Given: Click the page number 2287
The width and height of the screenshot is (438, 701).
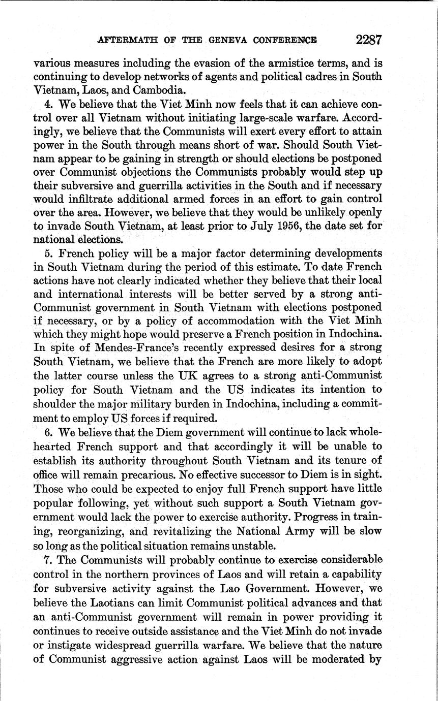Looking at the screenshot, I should tap(369, 39).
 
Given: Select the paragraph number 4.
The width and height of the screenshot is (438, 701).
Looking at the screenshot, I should tap(48, 105).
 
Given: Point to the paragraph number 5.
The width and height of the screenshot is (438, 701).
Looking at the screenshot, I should tap(48, 253).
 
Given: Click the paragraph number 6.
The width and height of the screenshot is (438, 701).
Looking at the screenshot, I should tap(47, 432).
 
